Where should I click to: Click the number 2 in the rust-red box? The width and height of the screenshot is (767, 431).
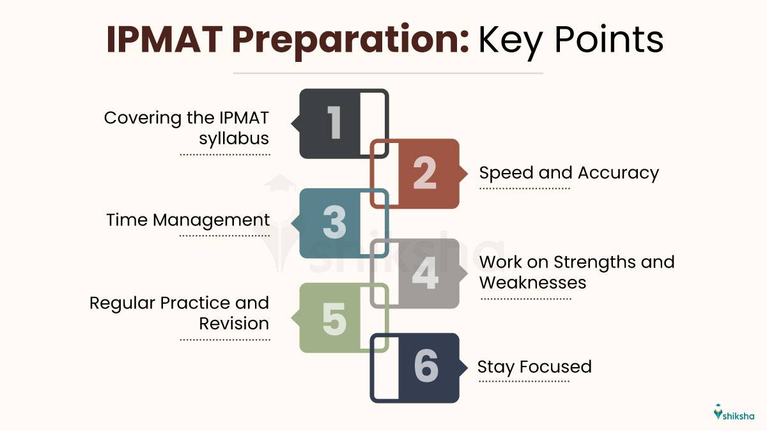(x=424, y=173)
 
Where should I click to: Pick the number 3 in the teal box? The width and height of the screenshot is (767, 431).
(x=334, y=223)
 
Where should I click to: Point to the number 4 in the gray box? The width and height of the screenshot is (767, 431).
(x=424, y=273)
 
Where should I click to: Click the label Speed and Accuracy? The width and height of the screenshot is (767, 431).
(x=568, y=173)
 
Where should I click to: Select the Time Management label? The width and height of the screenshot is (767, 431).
(x=188, y=220)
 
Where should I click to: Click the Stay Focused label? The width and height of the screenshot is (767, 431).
(x=534, y=367)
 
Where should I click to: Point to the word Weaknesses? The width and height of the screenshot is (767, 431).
(x=532, y=282)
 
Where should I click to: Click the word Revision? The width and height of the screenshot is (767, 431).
(x=234, y=323)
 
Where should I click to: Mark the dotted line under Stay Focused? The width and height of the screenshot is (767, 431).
(x=523, y=382)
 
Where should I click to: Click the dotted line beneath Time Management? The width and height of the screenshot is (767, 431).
(x=224, y=236)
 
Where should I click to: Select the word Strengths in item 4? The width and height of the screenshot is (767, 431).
(x=592, y=262)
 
